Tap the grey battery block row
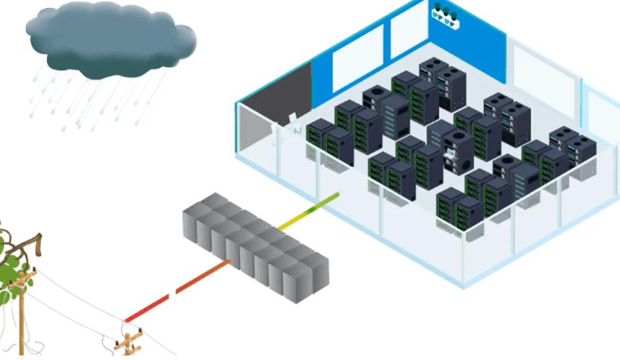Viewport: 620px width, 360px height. [x=254, y=248]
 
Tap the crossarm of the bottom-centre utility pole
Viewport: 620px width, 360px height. [x=128, y=338]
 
